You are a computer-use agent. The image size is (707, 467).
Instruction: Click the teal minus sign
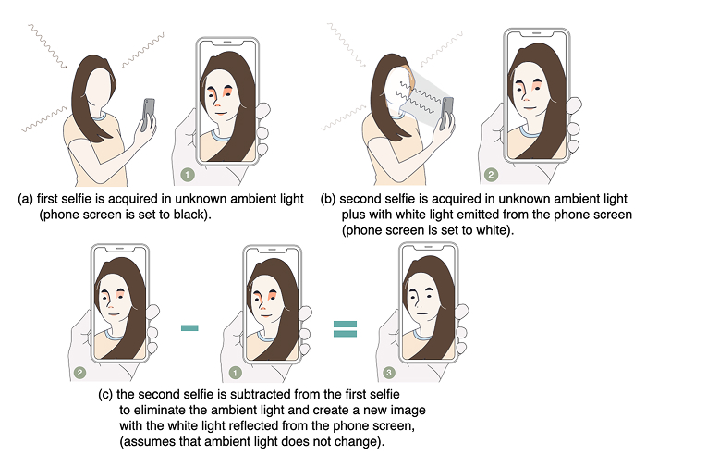(189, 328)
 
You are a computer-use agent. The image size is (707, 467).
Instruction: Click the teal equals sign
(345, 329)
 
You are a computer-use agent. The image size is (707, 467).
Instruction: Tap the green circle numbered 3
(389, 373)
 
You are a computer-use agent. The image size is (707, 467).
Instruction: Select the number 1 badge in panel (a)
(188, 175)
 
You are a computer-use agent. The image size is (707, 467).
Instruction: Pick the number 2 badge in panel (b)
(491, 175)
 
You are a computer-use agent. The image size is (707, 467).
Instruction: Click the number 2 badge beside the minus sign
(79, 373)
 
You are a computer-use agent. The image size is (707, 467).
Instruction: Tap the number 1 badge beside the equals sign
(235, 373)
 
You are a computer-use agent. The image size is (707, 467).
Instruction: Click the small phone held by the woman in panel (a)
(148, 114)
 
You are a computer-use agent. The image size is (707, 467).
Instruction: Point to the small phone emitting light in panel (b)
(446, 113)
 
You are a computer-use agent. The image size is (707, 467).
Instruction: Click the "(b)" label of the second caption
(328, 199)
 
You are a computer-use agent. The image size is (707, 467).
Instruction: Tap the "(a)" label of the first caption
(25, 199)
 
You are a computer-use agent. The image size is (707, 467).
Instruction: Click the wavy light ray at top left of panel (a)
(47, 46)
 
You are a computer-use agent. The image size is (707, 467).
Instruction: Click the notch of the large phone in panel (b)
(536, 33)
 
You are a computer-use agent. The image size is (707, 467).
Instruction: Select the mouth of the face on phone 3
(421, 313)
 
